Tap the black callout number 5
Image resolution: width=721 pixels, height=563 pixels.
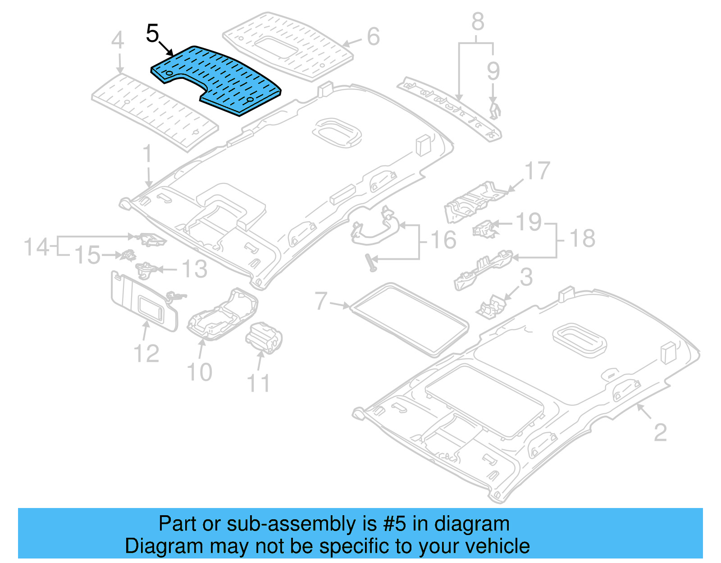click(153, 34)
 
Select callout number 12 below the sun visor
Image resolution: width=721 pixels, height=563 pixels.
click(146, 353)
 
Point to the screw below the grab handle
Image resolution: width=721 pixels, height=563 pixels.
click(371, 262)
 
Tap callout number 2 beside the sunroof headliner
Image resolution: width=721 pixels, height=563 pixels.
click(660, 433)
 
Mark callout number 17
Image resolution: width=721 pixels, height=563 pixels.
click(537, 171)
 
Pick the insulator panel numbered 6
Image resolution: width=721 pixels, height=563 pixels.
click(288, 45)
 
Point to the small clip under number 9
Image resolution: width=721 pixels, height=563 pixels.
click(495, 111)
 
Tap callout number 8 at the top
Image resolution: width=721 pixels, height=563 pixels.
click(478, 22)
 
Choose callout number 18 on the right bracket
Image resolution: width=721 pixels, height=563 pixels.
click(582, 238)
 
